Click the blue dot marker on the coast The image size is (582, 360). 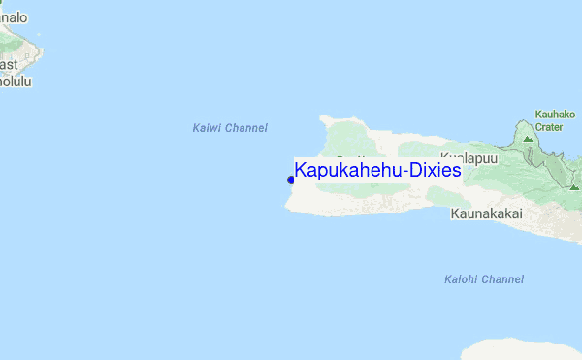290,179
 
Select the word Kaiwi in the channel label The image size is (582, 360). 207,128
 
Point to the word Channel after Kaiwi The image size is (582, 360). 246,128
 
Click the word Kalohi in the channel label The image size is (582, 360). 461,279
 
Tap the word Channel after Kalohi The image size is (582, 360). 502,279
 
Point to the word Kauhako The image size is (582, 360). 555,114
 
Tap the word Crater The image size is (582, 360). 549,126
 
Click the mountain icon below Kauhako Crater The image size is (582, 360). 528,139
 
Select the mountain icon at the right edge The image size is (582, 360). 575,185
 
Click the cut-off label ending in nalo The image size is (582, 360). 14,17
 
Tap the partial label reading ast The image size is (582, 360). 9,65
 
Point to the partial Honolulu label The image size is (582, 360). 16,82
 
